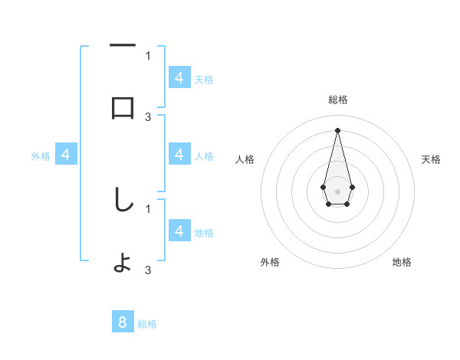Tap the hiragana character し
[x=123, y=200]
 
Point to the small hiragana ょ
[x=123, y=265]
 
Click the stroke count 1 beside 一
[x=148, y=55]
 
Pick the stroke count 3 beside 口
[x=148, y=117]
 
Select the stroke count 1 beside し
[x=148, y=208]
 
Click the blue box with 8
[x=123, y=322]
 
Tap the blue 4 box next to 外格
[x=66, y=155]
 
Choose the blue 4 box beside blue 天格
[x=179, y=77]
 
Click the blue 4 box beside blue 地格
[x=179, y=231]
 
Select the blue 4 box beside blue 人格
[x=179, y=155]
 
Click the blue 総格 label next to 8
[x=147, y=324]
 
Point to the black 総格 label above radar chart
[x=337, y=100]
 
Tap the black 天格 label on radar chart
[x=432, y=159]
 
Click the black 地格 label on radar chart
[x=402, y=262]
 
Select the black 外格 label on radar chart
[x=270, y=262]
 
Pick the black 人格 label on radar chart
[x=245, y=159]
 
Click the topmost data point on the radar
[x=337, y=129]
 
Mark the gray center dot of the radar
[x=337, y=190]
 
